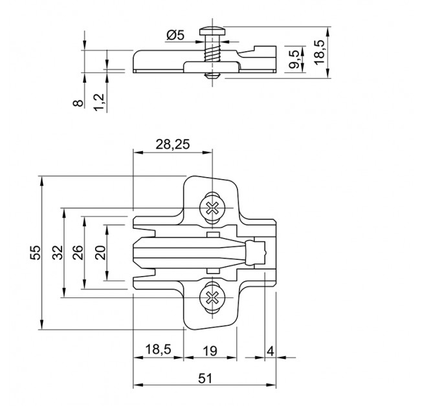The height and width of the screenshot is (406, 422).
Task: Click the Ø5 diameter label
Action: [175, 35]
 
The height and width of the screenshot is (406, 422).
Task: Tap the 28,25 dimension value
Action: [173, 144]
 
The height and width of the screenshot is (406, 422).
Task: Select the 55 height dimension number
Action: [35, 253]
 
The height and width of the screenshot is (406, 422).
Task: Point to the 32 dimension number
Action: [58, 253]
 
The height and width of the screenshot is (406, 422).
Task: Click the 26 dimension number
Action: [78, 253]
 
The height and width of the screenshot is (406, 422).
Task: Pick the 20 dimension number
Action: [101, 253]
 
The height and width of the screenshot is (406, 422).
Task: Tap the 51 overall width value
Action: [205, 379]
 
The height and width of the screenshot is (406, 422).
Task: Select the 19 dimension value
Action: [210, 351]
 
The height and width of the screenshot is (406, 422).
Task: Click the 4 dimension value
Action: [270, 351]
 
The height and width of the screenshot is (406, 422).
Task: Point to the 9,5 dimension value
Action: [294, 59]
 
